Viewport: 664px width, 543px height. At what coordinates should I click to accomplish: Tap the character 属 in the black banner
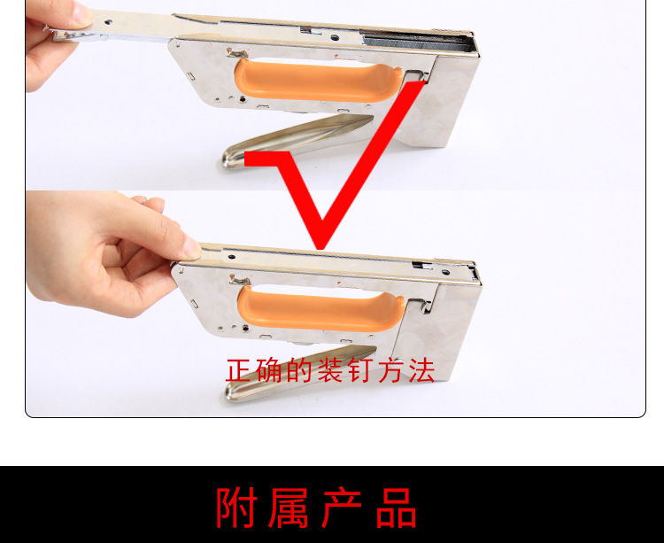[x=292, y=507]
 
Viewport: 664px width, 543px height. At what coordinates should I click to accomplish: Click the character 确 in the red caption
[x=263, y=370]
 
